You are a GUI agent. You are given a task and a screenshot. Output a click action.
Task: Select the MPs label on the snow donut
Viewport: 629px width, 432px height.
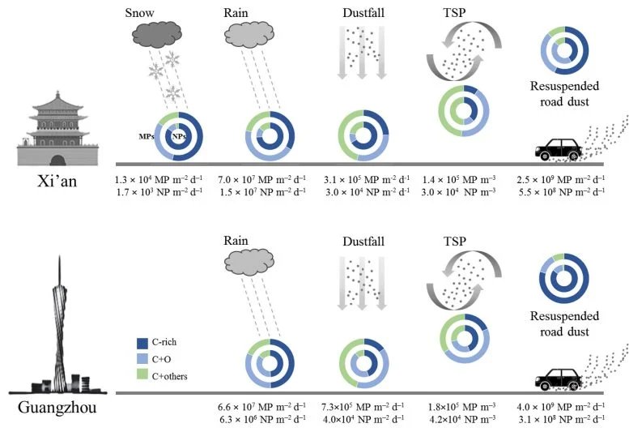148,135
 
